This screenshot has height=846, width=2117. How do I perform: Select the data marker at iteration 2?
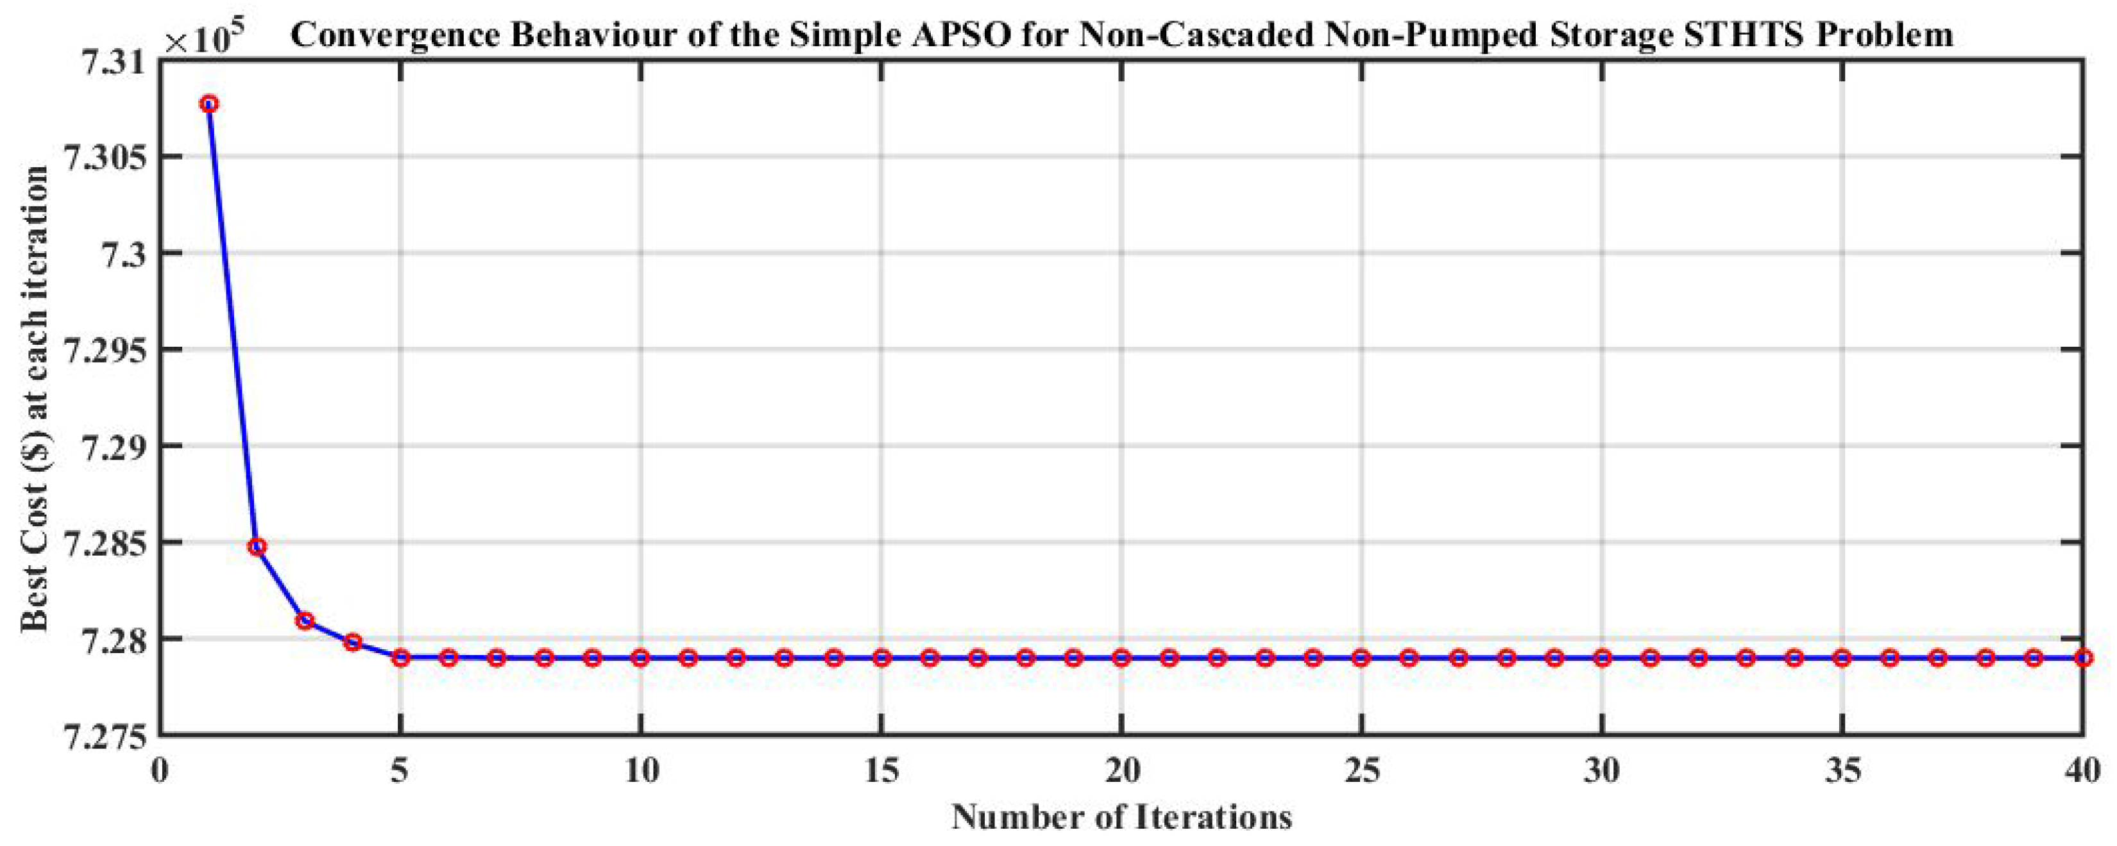click(x=257, y=546)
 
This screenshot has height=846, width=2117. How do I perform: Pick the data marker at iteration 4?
click(x=353, y=642)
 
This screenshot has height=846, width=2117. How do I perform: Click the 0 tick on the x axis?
click(x=160, y=773)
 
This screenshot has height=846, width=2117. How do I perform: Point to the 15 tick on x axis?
click(x=881, y=773)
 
